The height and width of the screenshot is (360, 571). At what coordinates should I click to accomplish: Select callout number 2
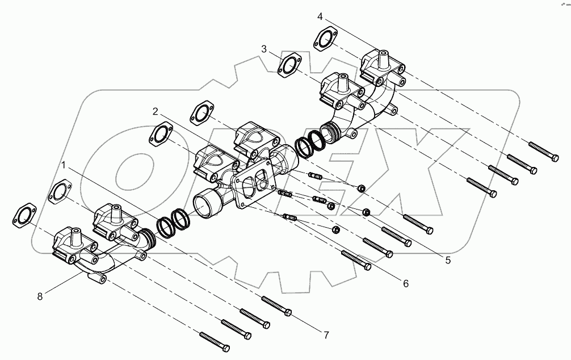(155, 111)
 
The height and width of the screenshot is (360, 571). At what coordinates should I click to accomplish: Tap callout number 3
(264, 50)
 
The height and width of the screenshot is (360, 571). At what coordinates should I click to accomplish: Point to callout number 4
(320, 16)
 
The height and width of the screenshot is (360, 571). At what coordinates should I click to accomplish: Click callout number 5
(448, 261)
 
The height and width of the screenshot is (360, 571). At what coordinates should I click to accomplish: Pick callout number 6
(405, 283)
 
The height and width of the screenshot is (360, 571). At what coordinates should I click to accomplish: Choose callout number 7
(326, 335)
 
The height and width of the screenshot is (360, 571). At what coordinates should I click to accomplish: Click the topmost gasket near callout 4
(325, 40)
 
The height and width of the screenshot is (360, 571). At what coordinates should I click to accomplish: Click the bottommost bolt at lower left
(214, 342)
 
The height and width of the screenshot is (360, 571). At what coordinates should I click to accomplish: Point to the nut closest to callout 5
(367, 212)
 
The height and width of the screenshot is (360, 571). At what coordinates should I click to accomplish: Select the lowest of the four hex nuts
(335, 230)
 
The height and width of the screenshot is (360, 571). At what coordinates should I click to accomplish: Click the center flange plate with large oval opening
(255, 185)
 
